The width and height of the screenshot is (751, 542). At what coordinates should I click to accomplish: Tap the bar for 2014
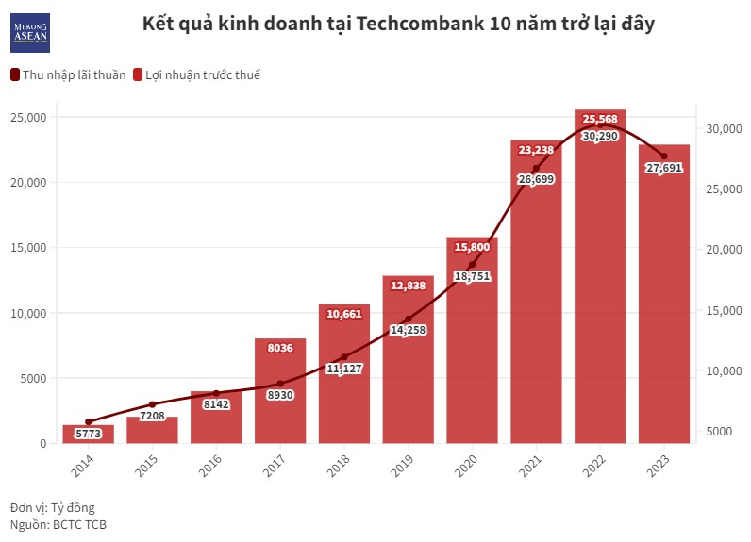(89, 435)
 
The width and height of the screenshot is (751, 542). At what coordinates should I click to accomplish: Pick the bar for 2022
(600, 283)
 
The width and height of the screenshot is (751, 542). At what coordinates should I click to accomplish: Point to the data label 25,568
(600, 119)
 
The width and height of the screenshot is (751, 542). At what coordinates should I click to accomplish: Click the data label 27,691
(664, 169)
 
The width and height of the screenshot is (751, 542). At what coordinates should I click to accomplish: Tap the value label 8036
(280, 348)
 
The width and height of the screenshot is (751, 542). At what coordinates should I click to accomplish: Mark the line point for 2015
(153, 404)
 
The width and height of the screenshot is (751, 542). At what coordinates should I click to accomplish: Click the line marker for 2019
(408, 319)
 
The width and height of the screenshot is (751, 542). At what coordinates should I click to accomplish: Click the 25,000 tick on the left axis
(29, 117)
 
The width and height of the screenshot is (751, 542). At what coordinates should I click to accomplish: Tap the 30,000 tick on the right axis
(723, 129)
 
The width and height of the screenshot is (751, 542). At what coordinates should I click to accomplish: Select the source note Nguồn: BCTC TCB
(58, 524)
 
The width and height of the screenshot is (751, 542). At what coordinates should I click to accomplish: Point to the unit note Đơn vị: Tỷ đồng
(53, 507)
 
